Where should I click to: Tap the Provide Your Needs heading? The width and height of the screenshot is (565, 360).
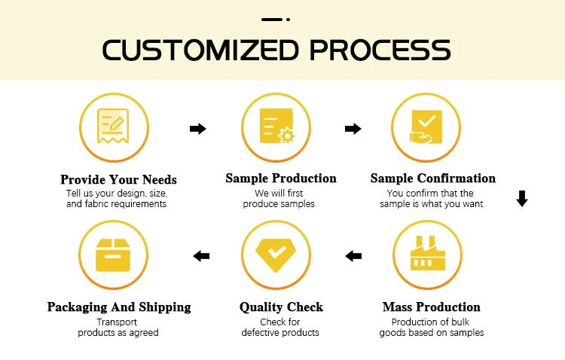pyautogui.click(x=118, y=179)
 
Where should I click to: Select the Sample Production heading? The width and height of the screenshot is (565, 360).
pyautogui.click(x=281, y=178)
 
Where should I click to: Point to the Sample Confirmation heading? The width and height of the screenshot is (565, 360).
pyautogui.click(x=432, y=178)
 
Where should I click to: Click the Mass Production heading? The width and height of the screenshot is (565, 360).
pyautogui.click(x=431, y=307)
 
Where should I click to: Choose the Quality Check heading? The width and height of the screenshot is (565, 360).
pyautogui.click(x=281, y=307)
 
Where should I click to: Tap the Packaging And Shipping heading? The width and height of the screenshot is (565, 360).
pyautogui.click(x=119, y=307)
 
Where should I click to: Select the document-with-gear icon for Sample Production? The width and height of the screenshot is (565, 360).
pyautogui.click(x=276, y=126)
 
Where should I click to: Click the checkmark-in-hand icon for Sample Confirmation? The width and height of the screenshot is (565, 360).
pyautogui.click(x=426, y=126)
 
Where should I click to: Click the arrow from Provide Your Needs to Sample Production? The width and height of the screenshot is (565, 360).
pyautogui.click(x=197, y=129)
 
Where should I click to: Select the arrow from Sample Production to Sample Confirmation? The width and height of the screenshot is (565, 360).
pyautogui.click(x=353, y=129)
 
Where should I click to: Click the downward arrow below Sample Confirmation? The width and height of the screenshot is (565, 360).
pyautogui.click(x=522, y=200)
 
